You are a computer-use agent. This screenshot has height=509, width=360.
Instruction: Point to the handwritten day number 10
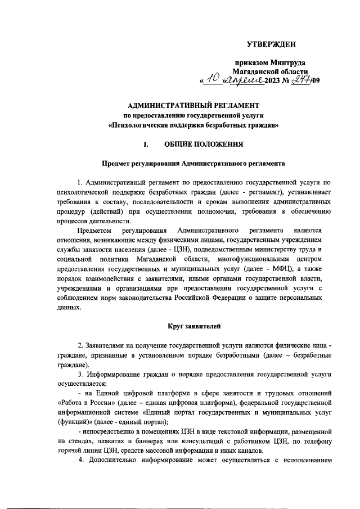[x=212, y=80]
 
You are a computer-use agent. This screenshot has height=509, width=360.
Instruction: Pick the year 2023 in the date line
[x=274, y=82]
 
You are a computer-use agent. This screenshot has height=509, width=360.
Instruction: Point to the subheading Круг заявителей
[x=192, y=326]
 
